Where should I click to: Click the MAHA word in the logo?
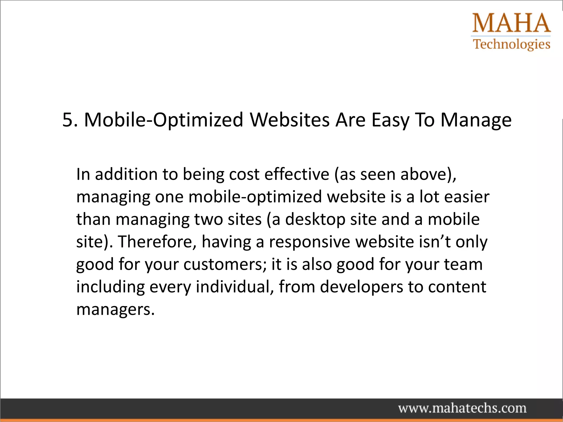(511, 23)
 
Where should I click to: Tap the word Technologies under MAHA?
(512, 44)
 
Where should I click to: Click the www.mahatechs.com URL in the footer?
(462, 408)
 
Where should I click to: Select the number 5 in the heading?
(68, 120)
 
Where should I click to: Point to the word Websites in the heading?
(289, 120)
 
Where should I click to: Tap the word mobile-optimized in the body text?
(255, 197)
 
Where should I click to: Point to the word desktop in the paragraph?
(315, 220)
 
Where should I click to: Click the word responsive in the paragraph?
(310, 242)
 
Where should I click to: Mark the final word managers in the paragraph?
(115, 310)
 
